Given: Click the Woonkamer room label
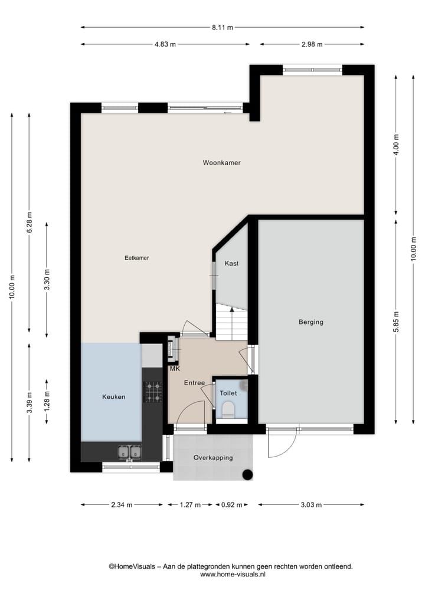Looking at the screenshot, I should click(x=221, y=163).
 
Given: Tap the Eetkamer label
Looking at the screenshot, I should click(x=136, y=258).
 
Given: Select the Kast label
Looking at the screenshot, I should click(x=231, y=264).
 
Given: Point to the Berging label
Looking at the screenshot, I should click(x=310, y=322).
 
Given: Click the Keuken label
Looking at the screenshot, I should click(x=113, y=397).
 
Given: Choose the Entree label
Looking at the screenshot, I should click(x=194, y=383).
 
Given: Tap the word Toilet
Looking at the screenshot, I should click(x=228, y=393).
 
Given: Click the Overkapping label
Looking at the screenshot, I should click(x=213, y=458).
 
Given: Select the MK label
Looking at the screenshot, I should click(x=174, y=369).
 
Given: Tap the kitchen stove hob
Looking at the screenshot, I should click(x=153, y=392).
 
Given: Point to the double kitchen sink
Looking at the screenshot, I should click(x=130, y=452).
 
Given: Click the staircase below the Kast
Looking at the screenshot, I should click(x=231, y=322).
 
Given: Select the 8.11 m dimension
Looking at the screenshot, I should click(x=222, y=27).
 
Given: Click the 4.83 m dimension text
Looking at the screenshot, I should click(x=165, y=44).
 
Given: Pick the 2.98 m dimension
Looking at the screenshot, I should click(x=311, y=44).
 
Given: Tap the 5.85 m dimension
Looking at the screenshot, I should click(x=396, y=322).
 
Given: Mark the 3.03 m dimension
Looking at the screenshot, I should click(x=310, y=504).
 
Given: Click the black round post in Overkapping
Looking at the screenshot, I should click(x=249, y=474).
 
